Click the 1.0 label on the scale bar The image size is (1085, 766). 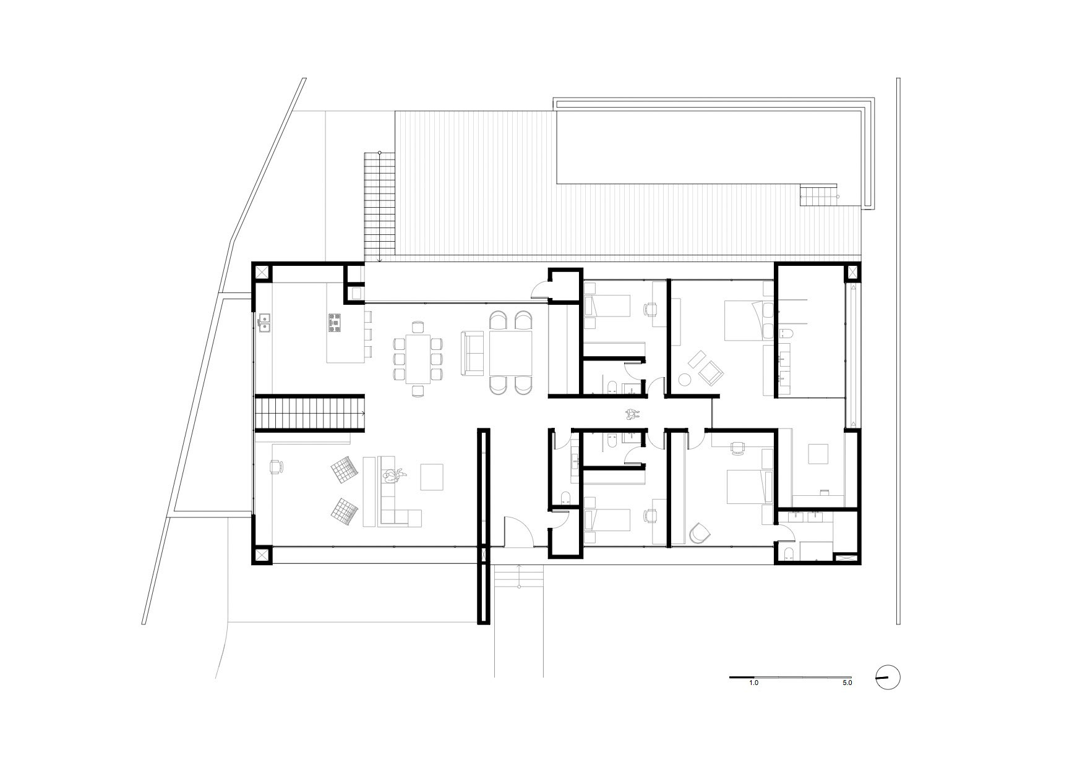coord(753,684)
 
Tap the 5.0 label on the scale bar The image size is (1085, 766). coord(847,684)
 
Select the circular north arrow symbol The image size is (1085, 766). coord(888,678)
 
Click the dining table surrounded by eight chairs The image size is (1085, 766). coord(419,359)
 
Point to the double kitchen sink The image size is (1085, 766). coord(266,323)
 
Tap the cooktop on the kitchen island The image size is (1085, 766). coord(335,323)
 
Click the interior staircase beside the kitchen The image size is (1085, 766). coord(310,414)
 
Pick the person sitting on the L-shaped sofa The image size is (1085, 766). coord(392,476)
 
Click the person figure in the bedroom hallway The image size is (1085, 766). coord(632,414)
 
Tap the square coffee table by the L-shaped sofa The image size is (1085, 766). coord(432,477)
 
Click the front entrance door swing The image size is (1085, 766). coord(519,531)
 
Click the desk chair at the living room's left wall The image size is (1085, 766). coord(276,466)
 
